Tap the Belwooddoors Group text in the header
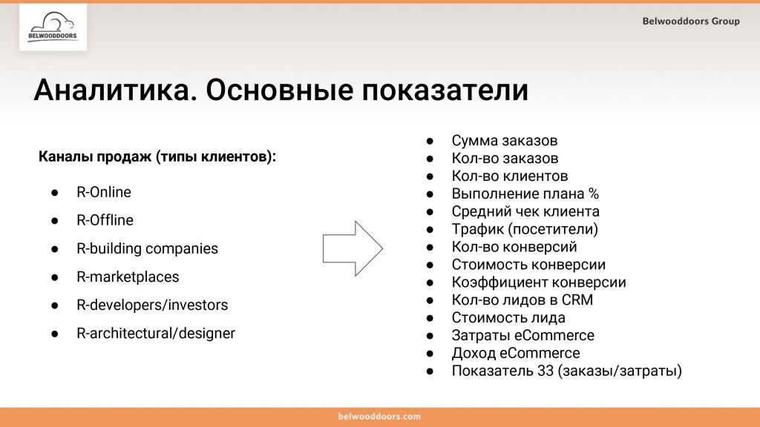[x=691, y=21]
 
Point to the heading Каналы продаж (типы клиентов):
[x=157, y=158]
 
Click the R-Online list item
[x=104, y=192]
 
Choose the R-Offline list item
[x=105, y=220]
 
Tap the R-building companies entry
[x=147, y=248]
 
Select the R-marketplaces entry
[x=128, y=277]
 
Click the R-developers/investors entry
[x=152, y=305]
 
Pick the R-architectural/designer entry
[x=156, y=333]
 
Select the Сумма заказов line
[x=504, y=140]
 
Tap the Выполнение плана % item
[x=525, y=193]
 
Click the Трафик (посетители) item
[x=525, y=229]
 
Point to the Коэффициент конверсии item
[x=539, y=282]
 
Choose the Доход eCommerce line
[x=516, y=354]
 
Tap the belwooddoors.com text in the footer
[x=379, y=417]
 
